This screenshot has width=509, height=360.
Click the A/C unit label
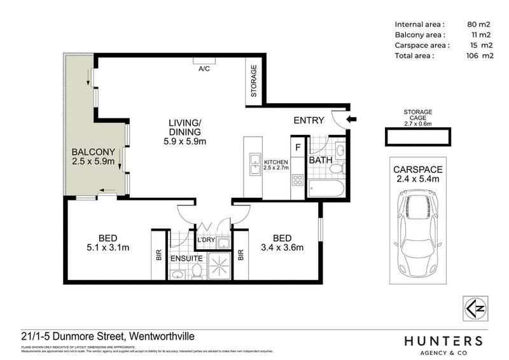click(205, 68)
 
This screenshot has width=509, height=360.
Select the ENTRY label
click(309, 121)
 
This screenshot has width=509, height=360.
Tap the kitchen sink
click(254, 162)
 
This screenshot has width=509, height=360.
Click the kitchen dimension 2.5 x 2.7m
click(276, 170)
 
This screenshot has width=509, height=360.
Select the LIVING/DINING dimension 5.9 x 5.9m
click(185, 142)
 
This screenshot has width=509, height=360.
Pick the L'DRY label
click(205, 240)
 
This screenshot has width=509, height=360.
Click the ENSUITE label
click(187, 259)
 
